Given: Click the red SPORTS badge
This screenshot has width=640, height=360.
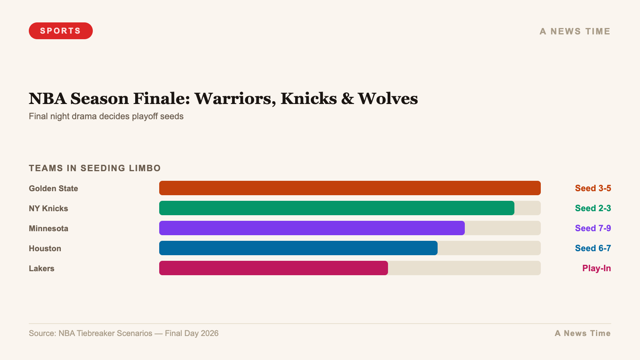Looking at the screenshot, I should click(x=60, y=31).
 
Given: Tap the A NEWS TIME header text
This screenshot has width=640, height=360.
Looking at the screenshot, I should click(x=575, y=31).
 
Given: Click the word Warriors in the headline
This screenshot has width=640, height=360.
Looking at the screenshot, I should click(x=235, y=99).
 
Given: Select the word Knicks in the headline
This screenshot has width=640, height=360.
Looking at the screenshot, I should click(x=309, y=99).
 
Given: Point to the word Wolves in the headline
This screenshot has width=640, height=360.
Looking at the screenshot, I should click(x=388, y=99).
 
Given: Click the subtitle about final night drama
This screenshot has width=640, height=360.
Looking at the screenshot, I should click(x=106, y=116).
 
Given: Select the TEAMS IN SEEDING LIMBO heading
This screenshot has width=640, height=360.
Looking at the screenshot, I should click(x=95, y=168).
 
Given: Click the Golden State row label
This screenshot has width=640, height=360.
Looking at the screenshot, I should click(x=53, y=188).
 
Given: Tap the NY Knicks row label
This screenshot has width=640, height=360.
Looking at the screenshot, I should click(x=48, y=208).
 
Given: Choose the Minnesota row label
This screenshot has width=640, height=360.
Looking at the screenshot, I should click(x=48, y=228).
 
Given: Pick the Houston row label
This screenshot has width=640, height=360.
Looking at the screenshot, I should click(x=45, y=248).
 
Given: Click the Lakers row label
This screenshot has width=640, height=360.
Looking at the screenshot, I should click(x=42, y=268).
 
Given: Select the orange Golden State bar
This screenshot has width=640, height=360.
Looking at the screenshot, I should click(x=350, y=188).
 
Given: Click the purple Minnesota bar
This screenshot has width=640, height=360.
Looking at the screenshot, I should click(x=312, y=228).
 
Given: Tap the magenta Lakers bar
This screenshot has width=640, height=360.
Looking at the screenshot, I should click(x=273, y=268).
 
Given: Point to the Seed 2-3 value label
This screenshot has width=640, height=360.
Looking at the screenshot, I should click(x=593, y=208).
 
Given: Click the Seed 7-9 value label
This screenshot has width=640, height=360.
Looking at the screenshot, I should click(x=593, y=228).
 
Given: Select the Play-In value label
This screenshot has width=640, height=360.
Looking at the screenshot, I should click(x=596, y=268).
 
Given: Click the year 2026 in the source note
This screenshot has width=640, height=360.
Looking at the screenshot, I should click(x=210, y=333).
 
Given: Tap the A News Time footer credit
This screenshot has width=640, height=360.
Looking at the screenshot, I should click(x=582, y=333).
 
